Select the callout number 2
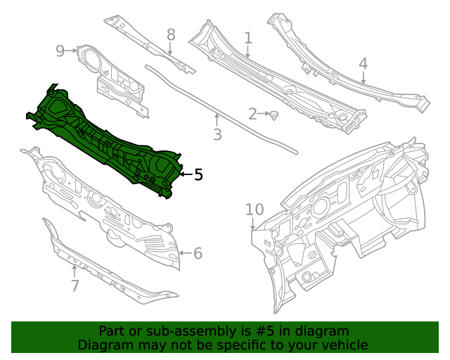coord(252,114)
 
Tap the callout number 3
coord(218,134)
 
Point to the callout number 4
coord(363,64)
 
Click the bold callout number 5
coord(198,174)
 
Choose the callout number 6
coord(198,253)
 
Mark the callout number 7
coord(75,285)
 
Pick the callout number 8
coord(171,34)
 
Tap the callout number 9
coord(60,50)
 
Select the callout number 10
coord(254,210)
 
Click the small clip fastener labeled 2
coord(275,114)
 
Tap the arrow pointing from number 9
coord(72,50)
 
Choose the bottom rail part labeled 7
coord(105,271)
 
